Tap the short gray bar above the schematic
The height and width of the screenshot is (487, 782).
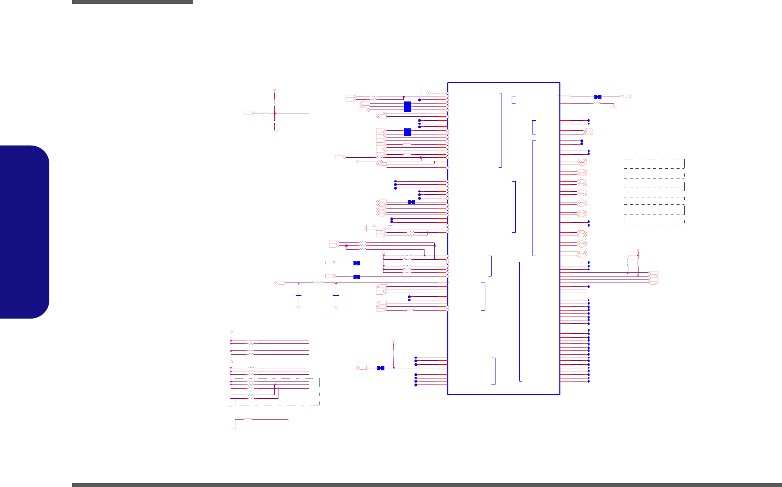(x=132, y=2)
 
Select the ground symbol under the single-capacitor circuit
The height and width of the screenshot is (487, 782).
(x=275, y=131)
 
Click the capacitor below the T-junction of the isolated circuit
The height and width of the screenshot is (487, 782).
(x=275, y=122)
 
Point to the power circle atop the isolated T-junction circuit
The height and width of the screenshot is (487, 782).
(x=275, y=91)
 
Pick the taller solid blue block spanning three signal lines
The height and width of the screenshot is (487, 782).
(x=408, y=107)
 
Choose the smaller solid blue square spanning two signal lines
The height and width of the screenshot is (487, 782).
(x=408, y=132)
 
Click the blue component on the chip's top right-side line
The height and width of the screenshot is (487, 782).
(x=598, y=96)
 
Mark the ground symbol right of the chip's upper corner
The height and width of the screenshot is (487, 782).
(x=614, y=107)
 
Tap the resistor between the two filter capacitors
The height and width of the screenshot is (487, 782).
(x=317, y=283)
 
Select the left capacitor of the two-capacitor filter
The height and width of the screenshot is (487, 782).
(x=299, y=294)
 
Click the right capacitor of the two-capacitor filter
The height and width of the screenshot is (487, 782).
(x=336, y=294)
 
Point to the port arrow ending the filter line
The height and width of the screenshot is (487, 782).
(x=279, y=283)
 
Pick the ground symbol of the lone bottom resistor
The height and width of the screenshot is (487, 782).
(x=234, y=430)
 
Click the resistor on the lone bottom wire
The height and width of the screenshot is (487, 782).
(x=247, y=419)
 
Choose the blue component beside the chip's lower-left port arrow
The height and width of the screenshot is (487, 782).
(x=381, y=368)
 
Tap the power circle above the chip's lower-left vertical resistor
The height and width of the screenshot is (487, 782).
(x=394, y=341)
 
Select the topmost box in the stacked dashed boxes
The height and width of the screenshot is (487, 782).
(x=654, y=163)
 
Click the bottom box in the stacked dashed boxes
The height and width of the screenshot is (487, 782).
(x=654, y=220)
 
